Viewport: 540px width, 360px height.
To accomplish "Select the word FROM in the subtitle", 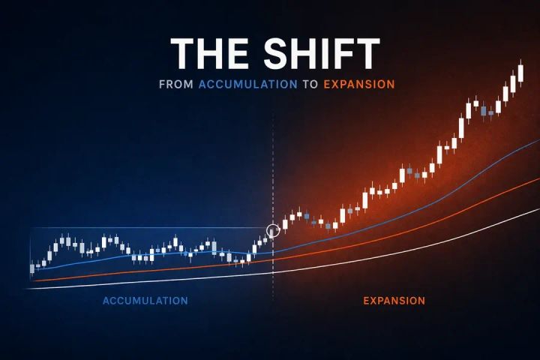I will pyautogui.click(x=176, y=85).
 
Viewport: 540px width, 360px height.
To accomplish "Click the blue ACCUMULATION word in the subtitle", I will pyautogui.click(x=247, y=85).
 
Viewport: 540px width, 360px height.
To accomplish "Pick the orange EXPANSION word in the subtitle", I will pyautogui.click(x=358, y=85).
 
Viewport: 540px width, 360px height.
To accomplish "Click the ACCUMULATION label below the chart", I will pyautogui.click(x=145, y=301).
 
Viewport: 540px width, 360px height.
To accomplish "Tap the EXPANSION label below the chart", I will pyautogui.click(x=394, y=301).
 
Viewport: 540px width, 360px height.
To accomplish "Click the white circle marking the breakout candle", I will pyautogui.click(x=273, y=230).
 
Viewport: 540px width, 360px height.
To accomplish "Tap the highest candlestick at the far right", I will pyautogui.click(x=520, y=73).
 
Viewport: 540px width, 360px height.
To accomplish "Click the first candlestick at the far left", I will pyautogui.click(x=32, y=268).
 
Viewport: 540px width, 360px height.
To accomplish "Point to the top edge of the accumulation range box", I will pyautogui.click(x=150, y=228).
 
